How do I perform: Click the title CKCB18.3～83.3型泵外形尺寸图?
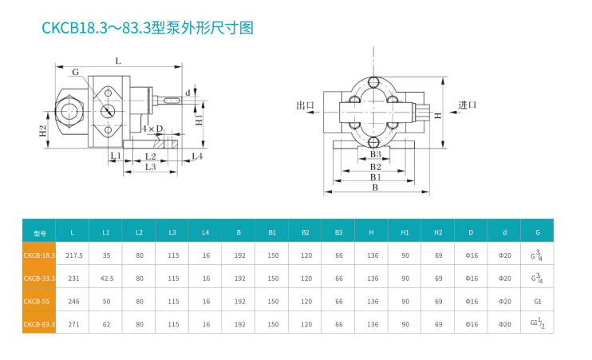148,29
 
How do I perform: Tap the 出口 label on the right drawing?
306,105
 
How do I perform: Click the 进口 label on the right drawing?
468,105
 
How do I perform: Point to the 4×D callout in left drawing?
152,129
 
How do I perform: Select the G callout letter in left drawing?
75,73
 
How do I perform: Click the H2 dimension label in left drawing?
43,130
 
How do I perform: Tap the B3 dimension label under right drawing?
374,154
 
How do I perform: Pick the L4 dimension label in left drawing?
197,156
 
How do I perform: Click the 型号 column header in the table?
40,232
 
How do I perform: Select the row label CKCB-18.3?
39,255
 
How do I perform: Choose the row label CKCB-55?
39,302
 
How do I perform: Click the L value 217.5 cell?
74,255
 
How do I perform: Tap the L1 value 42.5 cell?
106,279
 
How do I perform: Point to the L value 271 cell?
73,325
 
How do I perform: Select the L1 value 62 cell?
106,325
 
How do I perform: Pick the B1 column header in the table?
272,232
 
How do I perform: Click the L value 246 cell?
73,302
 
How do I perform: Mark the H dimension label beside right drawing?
438,115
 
